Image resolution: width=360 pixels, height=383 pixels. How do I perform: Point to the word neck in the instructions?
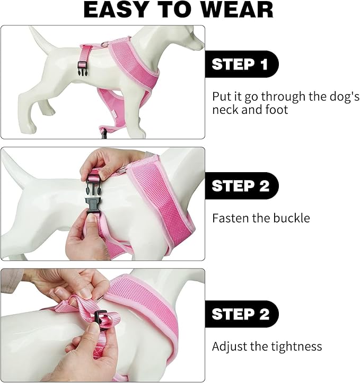(224, 110)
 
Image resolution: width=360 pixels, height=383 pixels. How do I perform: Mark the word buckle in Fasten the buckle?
(291, 218)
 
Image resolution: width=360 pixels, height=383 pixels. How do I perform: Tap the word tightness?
(296, 347)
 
